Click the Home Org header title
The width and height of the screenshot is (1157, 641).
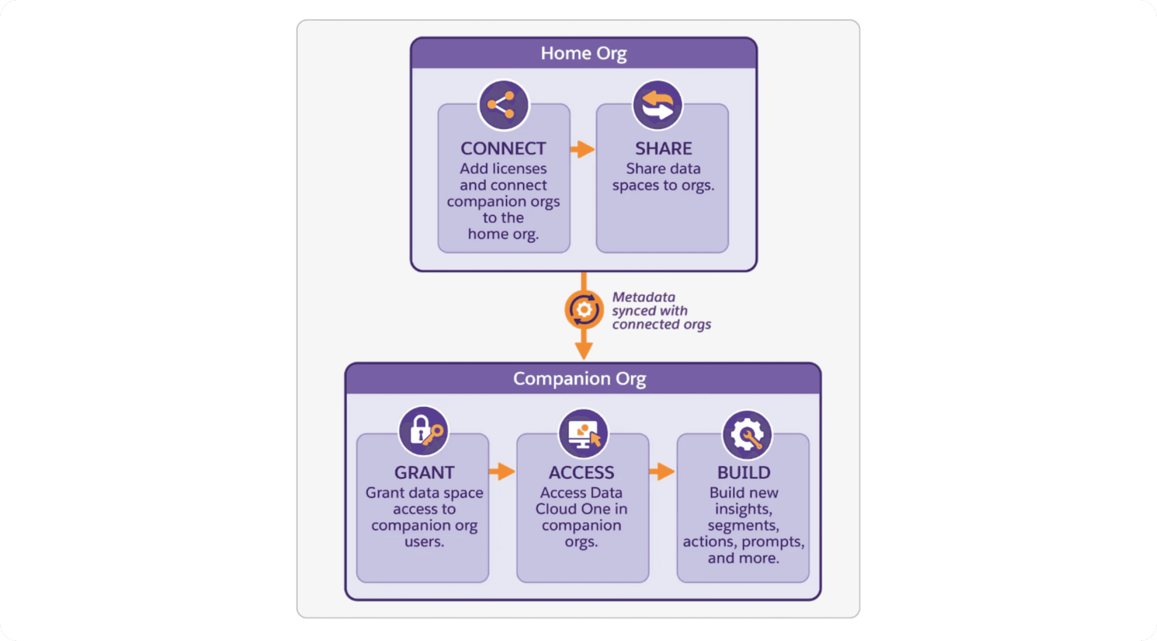coord(584,53)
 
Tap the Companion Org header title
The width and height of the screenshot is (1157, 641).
coord(579,379)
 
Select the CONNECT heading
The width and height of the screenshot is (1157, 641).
coord(503,149)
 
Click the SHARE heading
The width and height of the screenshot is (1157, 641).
coord(663,149)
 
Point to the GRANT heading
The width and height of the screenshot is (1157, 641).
coord(424,472)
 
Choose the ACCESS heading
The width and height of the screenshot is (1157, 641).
coord(581,472)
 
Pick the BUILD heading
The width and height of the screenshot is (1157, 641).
coord(743,472)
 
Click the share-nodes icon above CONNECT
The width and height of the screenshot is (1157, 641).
coord(503,105)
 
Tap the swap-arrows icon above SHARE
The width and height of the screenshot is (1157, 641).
coord(658,105)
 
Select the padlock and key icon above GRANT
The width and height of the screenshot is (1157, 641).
coord(423,431)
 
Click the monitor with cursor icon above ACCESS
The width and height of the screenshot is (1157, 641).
coord(583,433)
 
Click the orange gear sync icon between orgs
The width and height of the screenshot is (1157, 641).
coord(584,309)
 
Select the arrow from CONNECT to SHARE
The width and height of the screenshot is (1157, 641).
coord(583,149)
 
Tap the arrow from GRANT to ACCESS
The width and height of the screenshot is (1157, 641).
coord(503,472)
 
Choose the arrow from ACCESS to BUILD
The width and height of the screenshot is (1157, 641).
coord(662,472)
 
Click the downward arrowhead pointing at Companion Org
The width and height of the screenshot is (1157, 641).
coord(584,351)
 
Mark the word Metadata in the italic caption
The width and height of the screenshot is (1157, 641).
coord(643,297)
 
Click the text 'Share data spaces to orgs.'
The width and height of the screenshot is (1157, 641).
coord(663,177)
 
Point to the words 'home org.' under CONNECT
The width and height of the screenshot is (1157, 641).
coord(503,234)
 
